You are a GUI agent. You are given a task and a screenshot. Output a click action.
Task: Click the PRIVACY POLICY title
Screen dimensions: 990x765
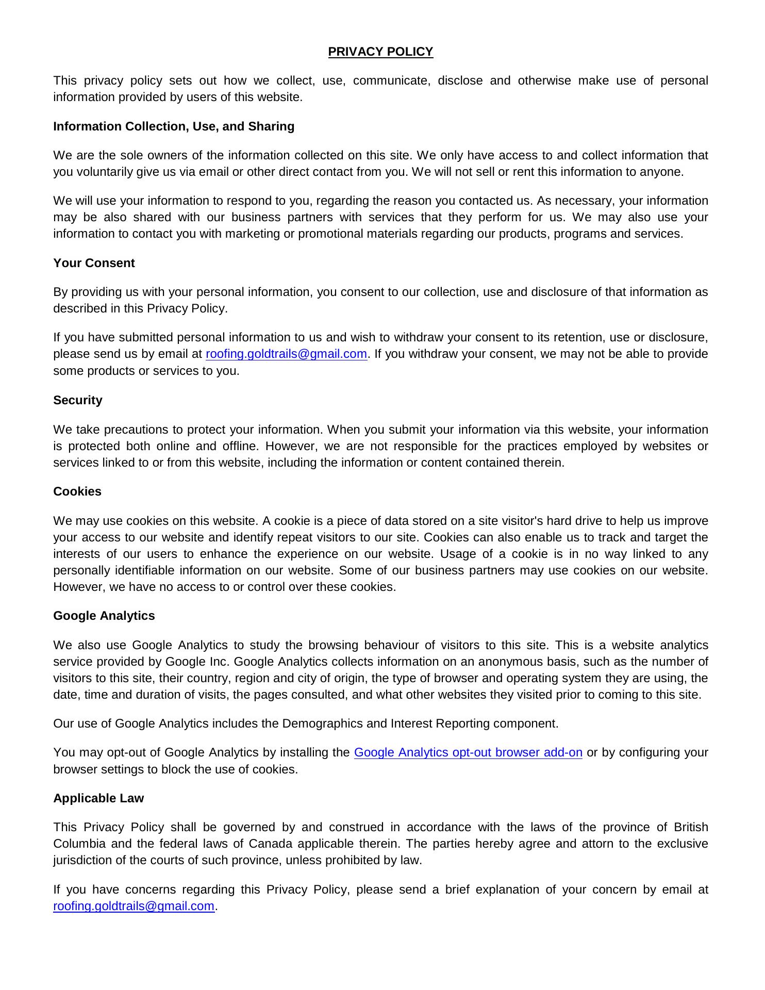(380, 52)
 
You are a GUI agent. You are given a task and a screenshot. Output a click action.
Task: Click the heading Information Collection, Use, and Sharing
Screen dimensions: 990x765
(174, 126)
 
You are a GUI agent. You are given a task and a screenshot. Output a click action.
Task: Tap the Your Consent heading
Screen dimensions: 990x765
(94, 263)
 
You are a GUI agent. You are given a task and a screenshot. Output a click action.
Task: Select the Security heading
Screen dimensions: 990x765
(78, 400)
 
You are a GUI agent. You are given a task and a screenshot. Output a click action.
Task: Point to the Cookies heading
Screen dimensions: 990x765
(77, 491)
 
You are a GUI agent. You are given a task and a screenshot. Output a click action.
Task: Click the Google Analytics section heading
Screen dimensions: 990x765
(104, 616)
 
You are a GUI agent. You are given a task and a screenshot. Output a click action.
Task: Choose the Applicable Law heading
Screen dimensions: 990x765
(98, 798)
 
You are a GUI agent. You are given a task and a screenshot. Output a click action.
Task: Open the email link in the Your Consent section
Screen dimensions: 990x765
(286, 354)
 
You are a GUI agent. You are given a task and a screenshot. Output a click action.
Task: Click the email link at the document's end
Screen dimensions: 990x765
(134, 906)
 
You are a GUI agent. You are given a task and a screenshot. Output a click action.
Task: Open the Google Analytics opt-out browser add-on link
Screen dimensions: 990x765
(468, 753)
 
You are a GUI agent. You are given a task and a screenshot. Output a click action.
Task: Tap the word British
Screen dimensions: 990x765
(691, 827)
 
